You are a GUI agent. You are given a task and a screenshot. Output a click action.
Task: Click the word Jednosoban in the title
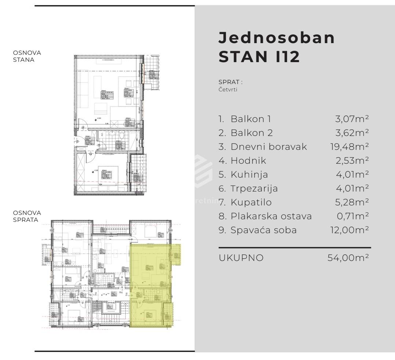coord(276,38)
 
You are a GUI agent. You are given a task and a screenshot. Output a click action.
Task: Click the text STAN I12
coord(259,57)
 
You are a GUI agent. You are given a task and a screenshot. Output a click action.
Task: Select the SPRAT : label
coord(230,82)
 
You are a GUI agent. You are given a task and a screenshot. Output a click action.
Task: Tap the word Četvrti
coord(228,90)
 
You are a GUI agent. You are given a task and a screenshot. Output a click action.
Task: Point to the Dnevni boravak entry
coord(268,147)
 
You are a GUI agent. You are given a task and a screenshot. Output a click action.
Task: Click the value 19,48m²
coord(349,147)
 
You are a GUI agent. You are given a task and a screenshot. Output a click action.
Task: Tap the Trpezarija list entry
coord(254,188)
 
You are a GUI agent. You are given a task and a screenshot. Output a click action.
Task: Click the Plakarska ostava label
coord(271,216)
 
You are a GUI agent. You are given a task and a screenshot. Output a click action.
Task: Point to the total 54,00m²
coord(348,258)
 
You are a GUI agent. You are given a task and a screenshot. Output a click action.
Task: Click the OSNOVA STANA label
coord(27,56)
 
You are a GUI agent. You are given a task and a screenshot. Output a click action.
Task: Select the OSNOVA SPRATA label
coord(27,216)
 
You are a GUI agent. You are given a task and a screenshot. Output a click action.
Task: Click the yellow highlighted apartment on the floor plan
coord(151,285)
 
